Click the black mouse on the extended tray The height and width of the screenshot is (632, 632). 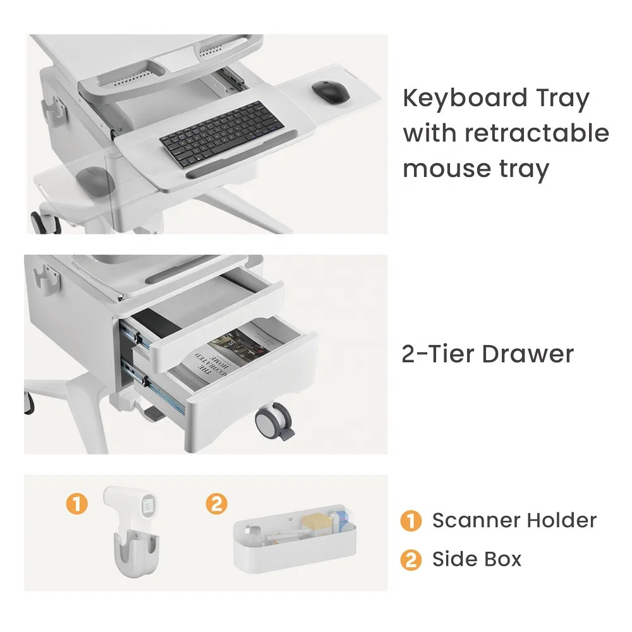click(331, 91)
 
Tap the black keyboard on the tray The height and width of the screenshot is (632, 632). click(222, 133)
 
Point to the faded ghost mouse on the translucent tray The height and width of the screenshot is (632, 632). click(95, 181)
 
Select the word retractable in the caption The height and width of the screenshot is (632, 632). click(537, 133)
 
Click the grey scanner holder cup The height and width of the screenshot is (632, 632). click(136, 553)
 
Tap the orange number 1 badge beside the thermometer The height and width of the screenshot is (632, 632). click(77, 504)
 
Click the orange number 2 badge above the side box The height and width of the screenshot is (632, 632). click(216, 504)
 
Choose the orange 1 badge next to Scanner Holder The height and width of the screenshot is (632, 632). click(411, 520)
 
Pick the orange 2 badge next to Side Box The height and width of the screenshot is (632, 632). click(411, 560)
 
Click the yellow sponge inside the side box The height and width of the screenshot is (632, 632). click(317, 522)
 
